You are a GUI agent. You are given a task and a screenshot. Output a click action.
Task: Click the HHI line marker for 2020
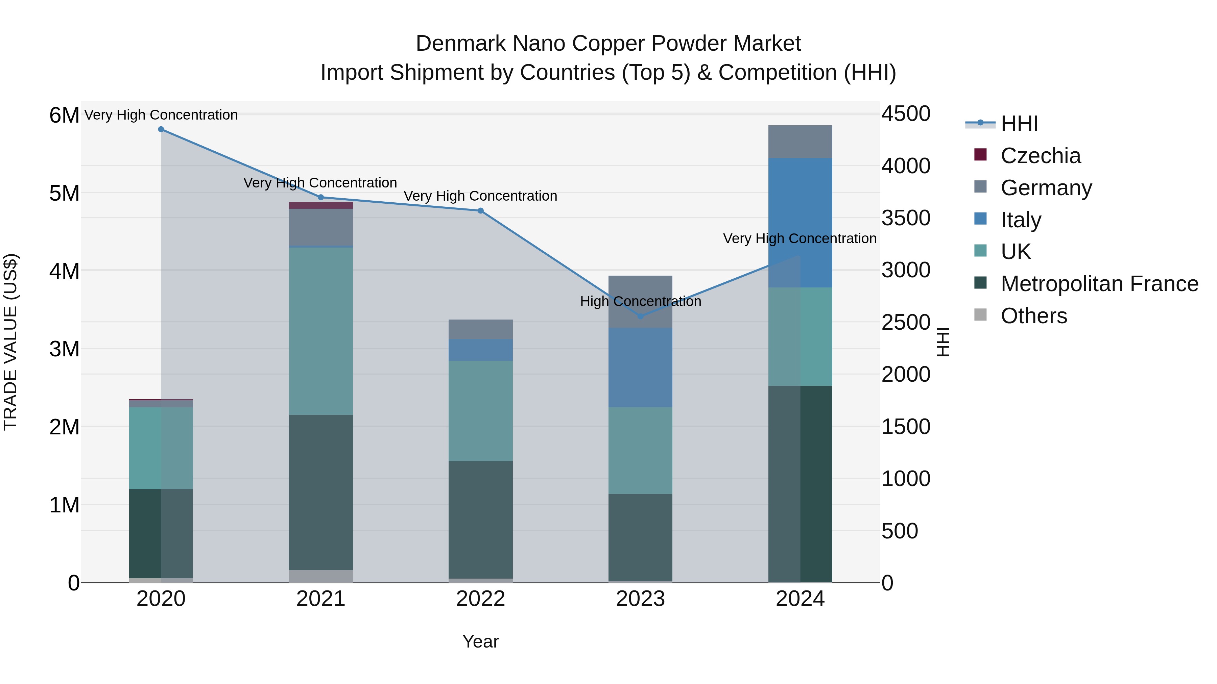pyautogui.click(x=161, y=129)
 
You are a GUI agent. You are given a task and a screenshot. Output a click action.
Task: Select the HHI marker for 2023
pyautogui.click(x=641, y=316)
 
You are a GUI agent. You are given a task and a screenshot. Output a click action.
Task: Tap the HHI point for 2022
pyautogui.click(x=480, y=210)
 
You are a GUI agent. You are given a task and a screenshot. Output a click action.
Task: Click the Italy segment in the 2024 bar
pyautogui.click(x=800, y=222)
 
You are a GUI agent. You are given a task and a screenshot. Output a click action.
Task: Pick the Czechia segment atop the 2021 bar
pyautogui.click(x=321, y=205)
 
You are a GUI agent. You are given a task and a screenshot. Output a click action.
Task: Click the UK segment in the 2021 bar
pyautogui.click(x=321, y=330)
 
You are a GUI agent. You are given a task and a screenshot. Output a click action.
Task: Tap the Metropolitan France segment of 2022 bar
pyautogui.click(x=480, y=519)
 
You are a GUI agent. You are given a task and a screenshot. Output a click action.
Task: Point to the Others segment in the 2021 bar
pyautogui.click(x=321, y=576)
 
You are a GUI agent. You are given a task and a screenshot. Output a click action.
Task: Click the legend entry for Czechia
pyautogui.click(x=1040, y=156)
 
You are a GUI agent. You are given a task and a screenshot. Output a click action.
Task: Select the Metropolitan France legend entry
pyautogui.click(x=1099, y=284)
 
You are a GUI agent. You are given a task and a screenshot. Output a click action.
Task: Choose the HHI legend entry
pyautogui.click(x=1019, y=124)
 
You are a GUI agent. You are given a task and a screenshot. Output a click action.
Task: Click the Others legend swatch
pyautogui.click(x=980, y=315)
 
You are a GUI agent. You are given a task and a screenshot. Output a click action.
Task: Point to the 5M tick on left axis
pyautogui.click(x=64, y=194)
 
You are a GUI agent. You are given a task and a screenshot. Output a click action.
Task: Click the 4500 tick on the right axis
pyautogui.click(x=906, y=114)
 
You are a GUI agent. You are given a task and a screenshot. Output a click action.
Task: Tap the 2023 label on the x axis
pyautogui.click(x=640, y=599)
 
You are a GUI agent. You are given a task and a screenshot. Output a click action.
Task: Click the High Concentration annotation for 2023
pyautogui.click(x=640, y=301)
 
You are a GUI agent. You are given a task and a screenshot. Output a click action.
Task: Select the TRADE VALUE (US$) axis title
pyautogui.click(x=10, y=342)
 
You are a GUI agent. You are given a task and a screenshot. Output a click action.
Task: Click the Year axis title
pyautogui.click(x=480, y=641)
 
